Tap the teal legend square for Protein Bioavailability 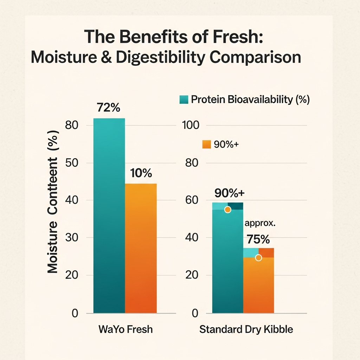pos(184,99)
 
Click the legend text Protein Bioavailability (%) pos(250,99)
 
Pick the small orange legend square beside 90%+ pos(206,144)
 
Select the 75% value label pos(258,239)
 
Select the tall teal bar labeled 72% pos(109,215)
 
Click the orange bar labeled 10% pos(141,248)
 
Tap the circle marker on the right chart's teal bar pos(227,210)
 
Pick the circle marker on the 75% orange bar pos(258,258)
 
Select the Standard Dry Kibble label pos(246,330)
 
